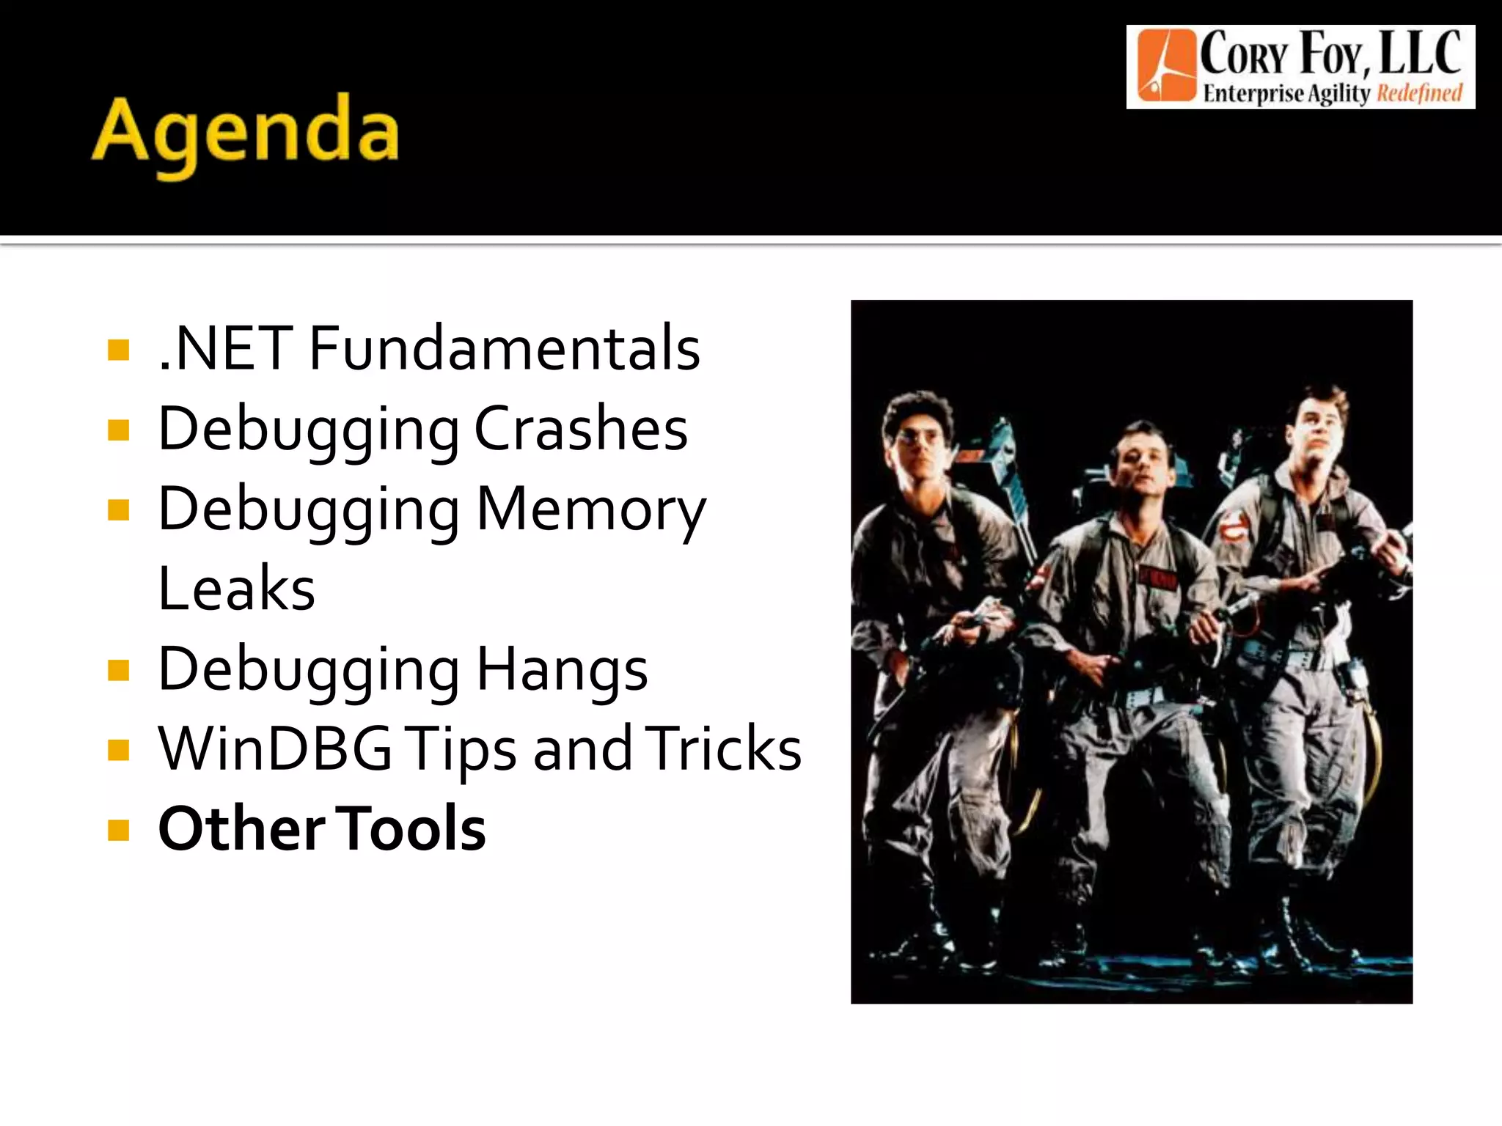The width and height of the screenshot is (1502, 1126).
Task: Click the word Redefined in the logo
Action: [x=1419, y=93]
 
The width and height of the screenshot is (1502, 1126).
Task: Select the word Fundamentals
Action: [x=505, y=348]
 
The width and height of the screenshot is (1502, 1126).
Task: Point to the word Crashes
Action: [x=581, y=429]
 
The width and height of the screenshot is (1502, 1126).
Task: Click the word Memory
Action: [x=591, y=510]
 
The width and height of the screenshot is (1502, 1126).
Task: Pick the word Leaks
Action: [x=237, y=589]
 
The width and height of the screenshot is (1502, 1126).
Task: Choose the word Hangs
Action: [x=562, y=669]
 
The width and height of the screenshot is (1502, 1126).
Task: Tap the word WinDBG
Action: [x=276, y=749]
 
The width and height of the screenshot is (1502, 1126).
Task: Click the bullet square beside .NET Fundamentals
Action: [x=118, y=350]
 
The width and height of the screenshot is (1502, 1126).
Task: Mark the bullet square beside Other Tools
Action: [x=118, y=831]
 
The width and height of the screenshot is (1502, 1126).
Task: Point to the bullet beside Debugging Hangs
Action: [x=118, y=670]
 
